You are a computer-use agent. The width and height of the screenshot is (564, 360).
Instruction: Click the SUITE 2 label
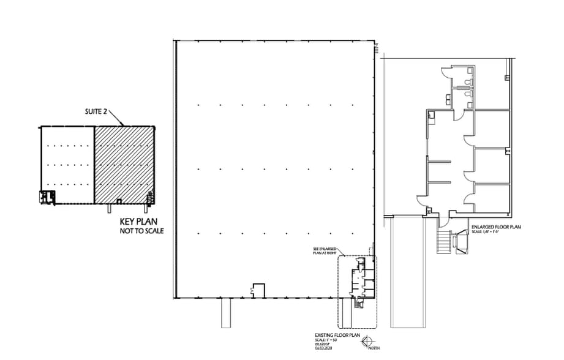tap(96, 112)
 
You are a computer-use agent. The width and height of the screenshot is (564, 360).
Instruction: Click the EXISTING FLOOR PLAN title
tap(331, 336)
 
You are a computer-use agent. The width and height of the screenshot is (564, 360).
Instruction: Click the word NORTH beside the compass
tap(373, 348)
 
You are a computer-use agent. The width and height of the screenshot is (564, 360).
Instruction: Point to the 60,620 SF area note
tap(323, 345)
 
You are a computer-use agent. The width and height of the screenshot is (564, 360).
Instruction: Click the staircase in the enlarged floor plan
tap(443, 241)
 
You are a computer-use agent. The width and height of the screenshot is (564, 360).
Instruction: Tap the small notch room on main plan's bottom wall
tap(258, 290)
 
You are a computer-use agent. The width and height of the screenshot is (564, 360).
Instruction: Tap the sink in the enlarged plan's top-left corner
tap(431, 114)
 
